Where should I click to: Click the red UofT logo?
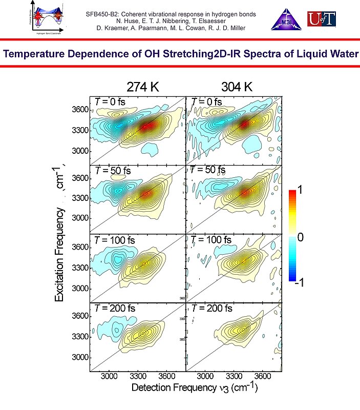(x=322, y=19)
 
